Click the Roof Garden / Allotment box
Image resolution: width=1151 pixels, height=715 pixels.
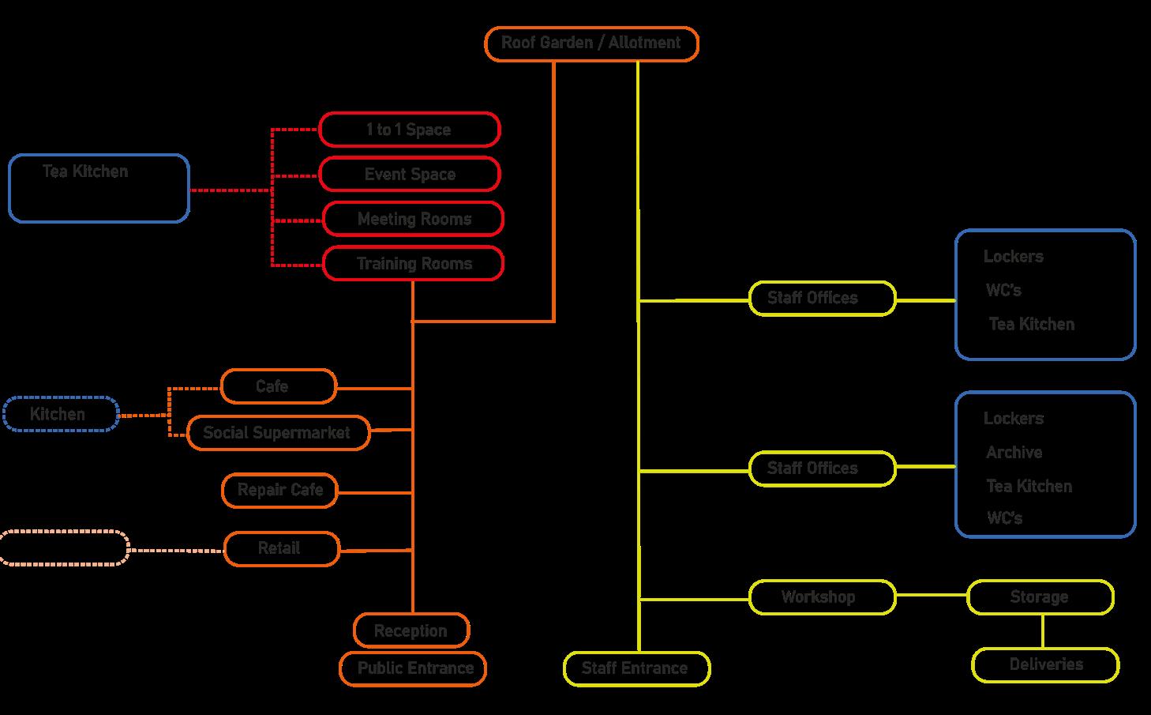(x=590, y=43)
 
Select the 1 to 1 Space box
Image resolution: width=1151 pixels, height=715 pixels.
(x=409, y=130)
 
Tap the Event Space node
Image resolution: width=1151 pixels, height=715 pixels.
(x=410, y=175)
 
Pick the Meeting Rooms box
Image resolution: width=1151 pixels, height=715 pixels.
(x=414, y=219)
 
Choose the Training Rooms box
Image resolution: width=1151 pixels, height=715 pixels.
(x=414, y=264)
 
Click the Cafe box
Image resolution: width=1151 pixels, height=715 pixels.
(x=278, y=386)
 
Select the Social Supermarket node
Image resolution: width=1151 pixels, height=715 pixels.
(x=278, y=433)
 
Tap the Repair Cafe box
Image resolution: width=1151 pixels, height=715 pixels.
(x=279, y=491)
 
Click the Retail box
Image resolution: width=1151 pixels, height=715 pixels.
(x=281, y=548)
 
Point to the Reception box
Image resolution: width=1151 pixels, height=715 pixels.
(x=411, y=630)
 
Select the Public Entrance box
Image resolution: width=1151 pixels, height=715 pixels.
(x=414, y=668)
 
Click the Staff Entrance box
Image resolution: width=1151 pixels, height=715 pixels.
(x=636, y=668)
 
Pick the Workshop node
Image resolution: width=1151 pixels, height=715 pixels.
(x=822, y=597)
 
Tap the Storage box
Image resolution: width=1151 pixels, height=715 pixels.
(x=1040, y=597)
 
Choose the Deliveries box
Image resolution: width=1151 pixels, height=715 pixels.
(x=1045, y=664)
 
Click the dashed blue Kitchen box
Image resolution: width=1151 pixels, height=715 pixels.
(x=61, y=414)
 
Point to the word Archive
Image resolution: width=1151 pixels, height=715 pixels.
(x=1014, y=453)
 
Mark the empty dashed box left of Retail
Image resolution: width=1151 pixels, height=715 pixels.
(x=64, y=548)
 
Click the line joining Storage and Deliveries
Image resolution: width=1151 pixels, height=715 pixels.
(x=1043, y=630)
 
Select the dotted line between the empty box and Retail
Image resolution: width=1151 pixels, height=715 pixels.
(x=177, y=550)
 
